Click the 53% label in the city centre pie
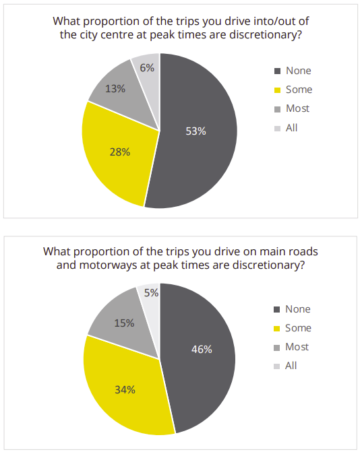[196, 131]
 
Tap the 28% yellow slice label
[120, 152]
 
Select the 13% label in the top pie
[115, 89]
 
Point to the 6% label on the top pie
[147, 68]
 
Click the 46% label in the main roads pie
[202, 350]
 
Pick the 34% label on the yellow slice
[125, 390]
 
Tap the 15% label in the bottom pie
[124, 323]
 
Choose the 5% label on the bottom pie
[151, 293]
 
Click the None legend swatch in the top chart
[277, 71]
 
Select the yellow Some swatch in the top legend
[277, 90]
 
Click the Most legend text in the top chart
[297, 108]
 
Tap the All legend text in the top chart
[292, 128]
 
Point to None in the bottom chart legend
[298, 309]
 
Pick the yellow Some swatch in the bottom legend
[277, 329]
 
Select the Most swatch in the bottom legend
[277, 348]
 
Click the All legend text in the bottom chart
[291, 366]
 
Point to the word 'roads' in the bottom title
[303, 252]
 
